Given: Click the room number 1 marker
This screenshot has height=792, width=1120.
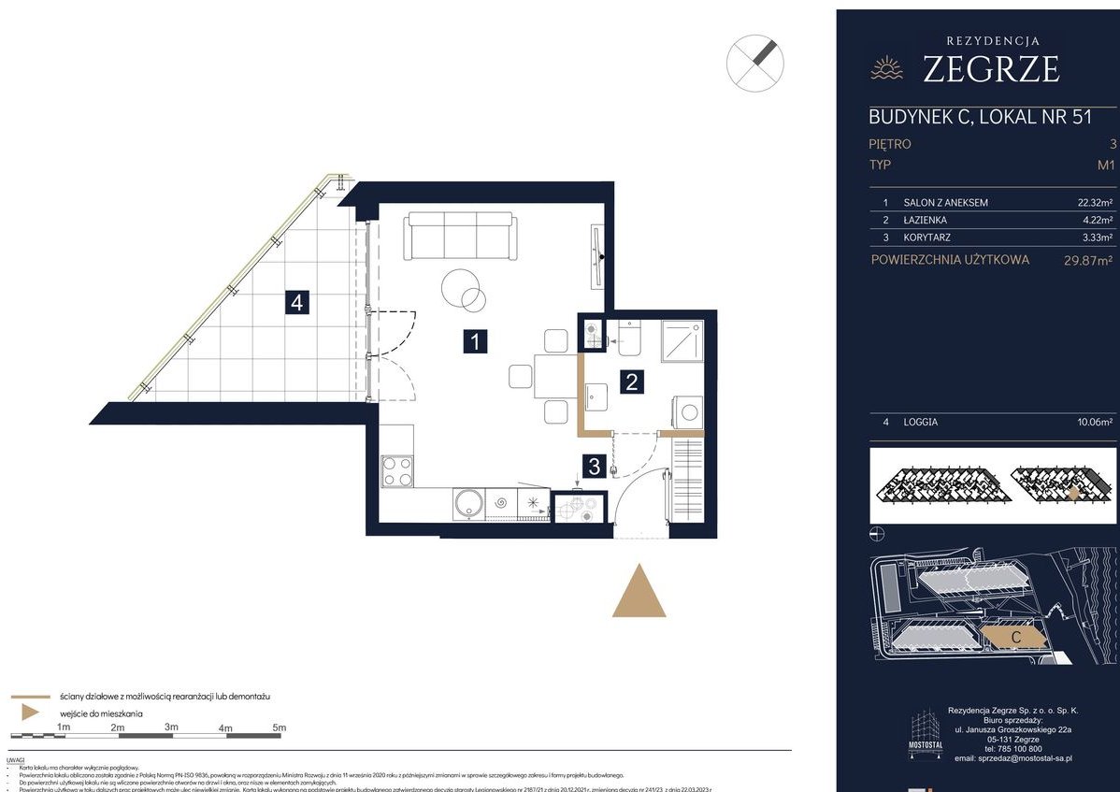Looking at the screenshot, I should pyautogui.click(x=476, y=341).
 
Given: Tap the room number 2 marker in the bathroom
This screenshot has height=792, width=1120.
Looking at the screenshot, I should pyautogui.click(x=632, y=381).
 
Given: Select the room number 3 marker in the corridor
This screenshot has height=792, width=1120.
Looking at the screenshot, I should pyautogui.click(x=593, y=465).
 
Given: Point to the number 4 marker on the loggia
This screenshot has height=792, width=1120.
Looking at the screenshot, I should pyautogui.click(x=296, y=302).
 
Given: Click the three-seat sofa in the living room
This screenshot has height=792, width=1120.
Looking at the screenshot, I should pyautogui.click(x=460, y=237).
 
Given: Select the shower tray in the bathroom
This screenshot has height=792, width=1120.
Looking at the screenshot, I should pyautogui.click(x=682, y=341).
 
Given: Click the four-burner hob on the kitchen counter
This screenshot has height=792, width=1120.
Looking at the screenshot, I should pyautogui.click(x=397, y=470).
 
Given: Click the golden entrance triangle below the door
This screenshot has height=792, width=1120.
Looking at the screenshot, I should pyautogui.click(x=639, y=593).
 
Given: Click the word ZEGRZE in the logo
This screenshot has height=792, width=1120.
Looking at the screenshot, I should pyautogui.click(x=990, y=70).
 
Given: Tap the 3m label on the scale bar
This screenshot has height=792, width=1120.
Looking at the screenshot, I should pyautogui.click(x=171, y=727).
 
